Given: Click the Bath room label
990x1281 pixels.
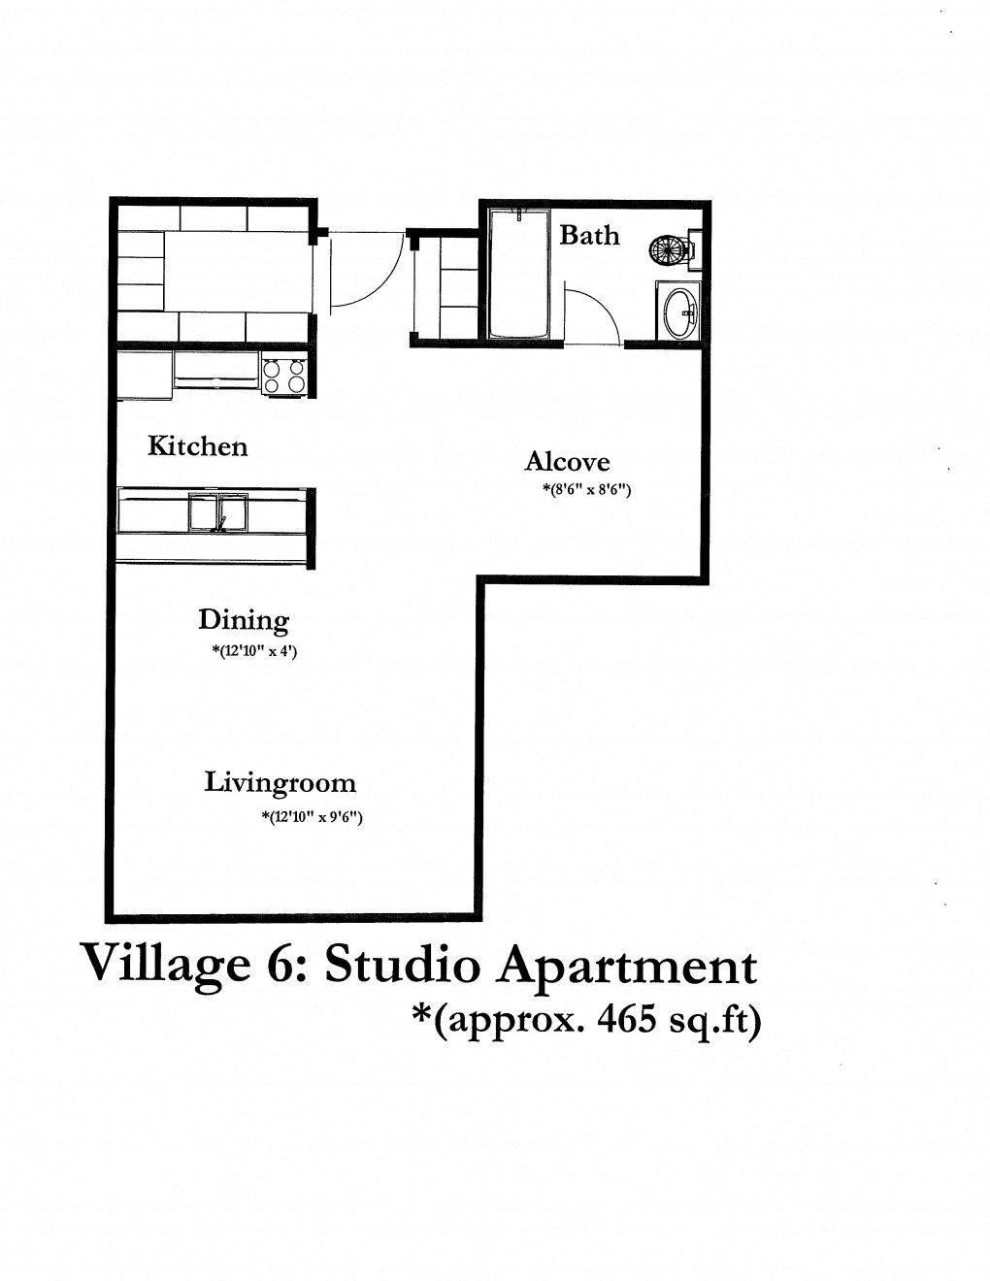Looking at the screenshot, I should pos(589,235).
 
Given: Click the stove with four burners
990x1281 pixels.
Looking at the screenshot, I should pos(283,376).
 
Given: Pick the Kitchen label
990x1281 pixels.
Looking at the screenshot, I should pos(197,446).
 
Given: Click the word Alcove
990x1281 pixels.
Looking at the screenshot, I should pos(567,462).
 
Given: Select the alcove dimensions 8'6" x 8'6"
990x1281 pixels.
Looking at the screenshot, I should pos(586,490).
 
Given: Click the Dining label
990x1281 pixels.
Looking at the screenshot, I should pos(244,620).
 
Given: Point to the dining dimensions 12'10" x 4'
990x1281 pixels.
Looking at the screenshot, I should pos(254,651).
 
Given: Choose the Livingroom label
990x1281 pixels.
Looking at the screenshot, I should pos(280,782).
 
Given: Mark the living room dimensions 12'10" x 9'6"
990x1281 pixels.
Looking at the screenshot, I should pos(312,817).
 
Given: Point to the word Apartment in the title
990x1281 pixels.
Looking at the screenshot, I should pos(627,968).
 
